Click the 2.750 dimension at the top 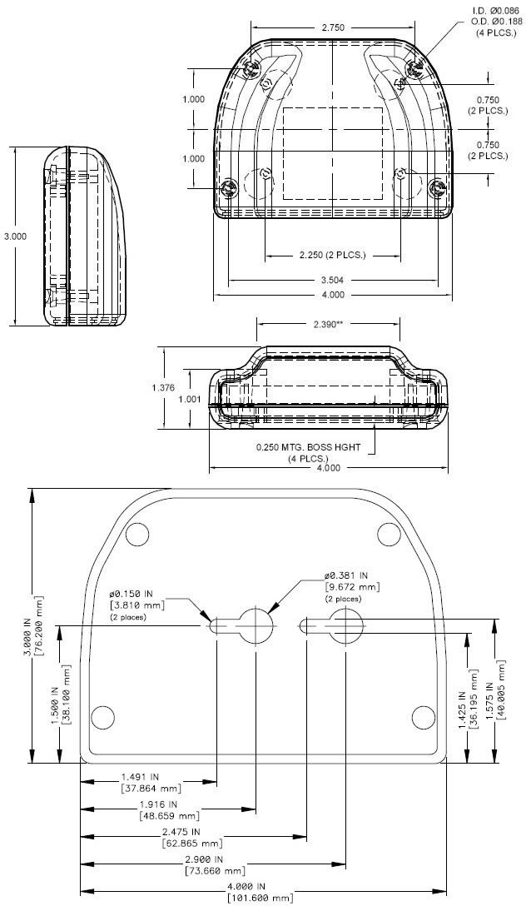point(332,27)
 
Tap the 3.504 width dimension point(332,281)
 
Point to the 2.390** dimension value point(328,324)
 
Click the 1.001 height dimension point(191,400)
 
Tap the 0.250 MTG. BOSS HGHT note point(309,447)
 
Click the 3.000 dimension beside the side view point(15,236)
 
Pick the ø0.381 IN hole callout point(352,575)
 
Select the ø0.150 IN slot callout point(137,594)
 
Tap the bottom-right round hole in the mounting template point(424,715)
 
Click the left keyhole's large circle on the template point(255,625)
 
